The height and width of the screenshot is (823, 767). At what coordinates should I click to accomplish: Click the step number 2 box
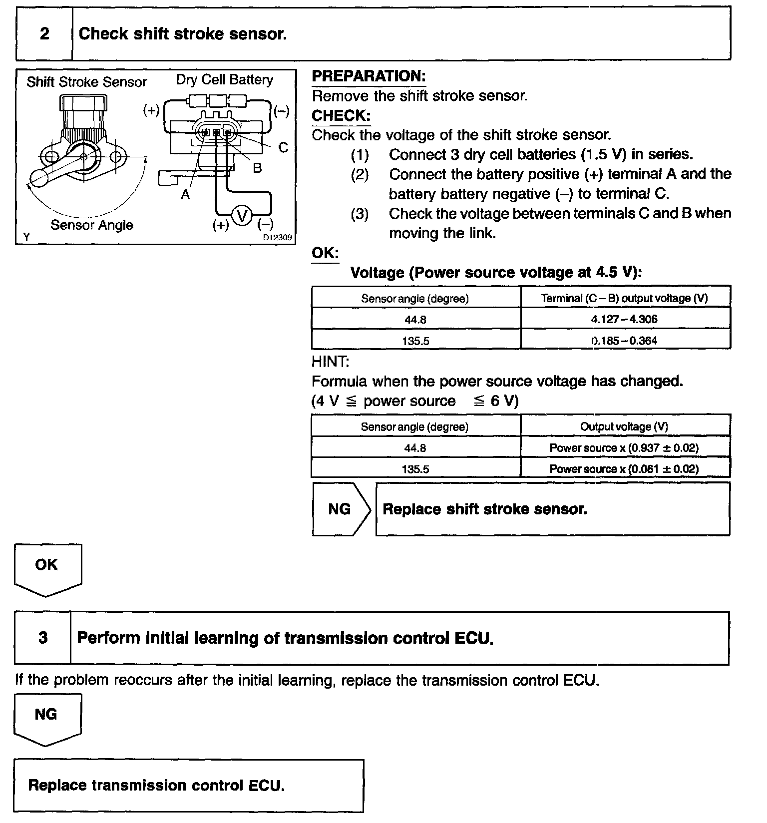click(x=44, y=34)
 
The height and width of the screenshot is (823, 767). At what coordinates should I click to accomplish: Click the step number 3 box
click(x=43, y=638)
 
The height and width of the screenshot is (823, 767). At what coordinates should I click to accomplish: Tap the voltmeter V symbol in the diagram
click(x=242, y=216)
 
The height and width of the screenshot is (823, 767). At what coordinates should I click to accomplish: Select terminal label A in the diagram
click(x=185, y=195)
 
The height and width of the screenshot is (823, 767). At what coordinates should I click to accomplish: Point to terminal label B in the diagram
click(x=257, y=168)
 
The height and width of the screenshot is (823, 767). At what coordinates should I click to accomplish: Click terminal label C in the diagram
click(x=283, y=148)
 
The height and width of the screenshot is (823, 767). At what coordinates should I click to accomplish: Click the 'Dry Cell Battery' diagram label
click(x=225, y=80)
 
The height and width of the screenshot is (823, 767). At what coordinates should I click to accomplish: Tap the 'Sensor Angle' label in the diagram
click(x=92, y=225)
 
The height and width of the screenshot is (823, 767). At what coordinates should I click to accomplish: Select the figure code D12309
click(x=278, y=238)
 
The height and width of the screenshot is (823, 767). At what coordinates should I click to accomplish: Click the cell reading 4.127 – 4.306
click(x=624, y=319)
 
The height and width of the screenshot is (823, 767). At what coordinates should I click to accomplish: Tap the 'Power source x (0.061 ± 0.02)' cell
click(x=624, y=469)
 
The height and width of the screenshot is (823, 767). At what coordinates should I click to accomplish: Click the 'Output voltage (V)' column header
click(x=624, y=426)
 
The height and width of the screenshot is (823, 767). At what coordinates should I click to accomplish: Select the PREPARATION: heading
click(x=369, y=76)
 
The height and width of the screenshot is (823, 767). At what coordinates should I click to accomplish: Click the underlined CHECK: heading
click(x=341, y=116)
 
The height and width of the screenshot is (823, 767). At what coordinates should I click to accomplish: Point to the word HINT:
click(x=331, y=361)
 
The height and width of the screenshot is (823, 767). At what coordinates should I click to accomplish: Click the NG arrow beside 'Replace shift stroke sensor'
click(x=341, y=509)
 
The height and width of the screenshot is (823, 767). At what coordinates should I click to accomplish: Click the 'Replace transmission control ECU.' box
click(x=188, y=786)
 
